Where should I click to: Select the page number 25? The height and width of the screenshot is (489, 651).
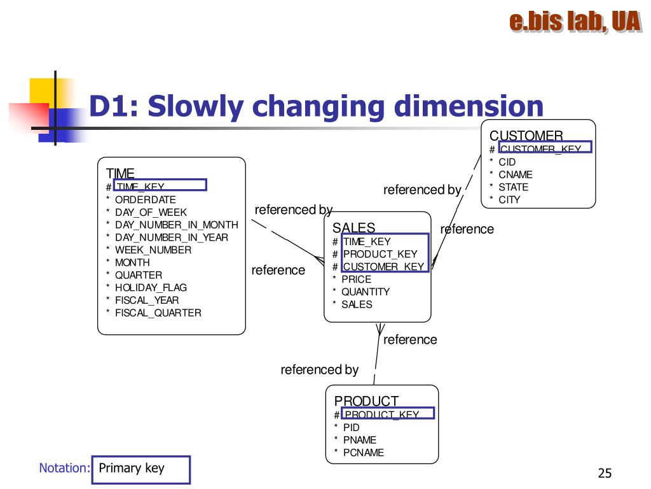(x=605, y=473)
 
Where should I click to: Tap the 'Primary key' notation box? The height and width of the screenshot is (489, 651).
(x=140, y=469)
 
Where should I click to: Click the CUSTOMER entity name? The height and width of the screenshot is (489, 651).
(x=526, y=136)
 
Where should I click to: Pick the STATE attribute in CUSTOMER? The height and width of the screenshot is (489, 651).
(x=513, y=187)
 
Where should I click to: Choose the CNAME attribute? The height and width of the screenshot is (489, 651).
(x=516, y=174)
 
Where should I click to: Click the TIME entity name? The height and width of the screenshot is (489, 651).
(x=120, y=173)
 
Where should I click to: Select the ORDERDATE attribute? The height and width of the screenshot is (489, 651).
(x=145, y=200)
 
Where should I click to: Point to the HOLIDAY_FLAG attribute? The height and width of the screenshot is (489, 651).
(x=151, y=288)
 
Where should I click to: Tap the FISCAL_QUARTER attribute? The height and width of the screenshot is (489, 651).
(x=158, y=313)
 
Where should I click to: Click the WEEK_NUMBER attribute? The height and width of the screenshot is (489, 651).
(x=153, y=250)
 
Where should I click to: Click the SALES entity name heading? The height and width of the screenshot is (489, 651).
(x=353, y=228)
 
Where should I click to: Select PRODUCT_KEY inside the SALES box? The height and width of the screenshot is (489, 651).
(x=380, y=254)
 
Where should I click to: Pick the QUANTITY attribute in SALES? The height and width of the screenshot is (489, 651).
(x=366, y=292)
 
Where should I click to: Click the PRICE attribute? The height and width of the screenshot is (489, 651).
(x=356, y=279)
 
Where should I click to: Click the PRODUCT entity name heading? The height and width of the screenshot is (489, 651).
(x=366, y=401)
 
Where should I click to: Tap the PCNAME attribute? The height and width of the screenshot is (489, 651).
(x=364, y=453)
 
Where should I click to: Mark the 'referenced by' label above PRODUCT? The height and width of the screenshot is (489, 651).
(x=319, y=370)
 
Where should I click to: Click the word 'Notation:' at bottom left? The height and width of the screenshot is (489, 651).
(x=64, y=469)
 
